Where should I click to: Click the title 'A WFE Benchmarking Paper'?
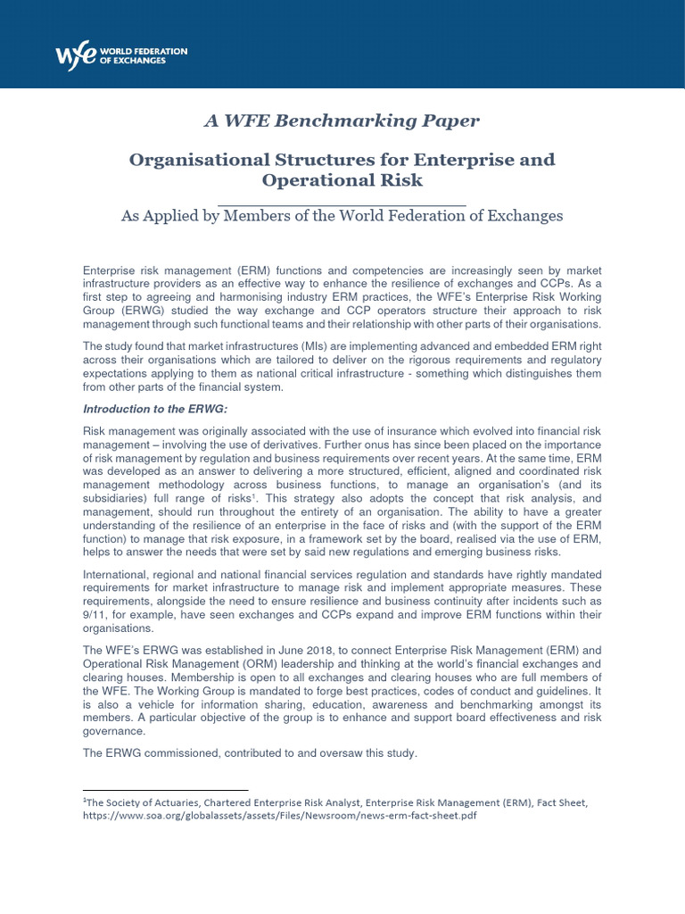[342, 120]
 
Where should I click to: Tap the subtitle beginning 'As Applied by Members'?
[342, 215]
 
